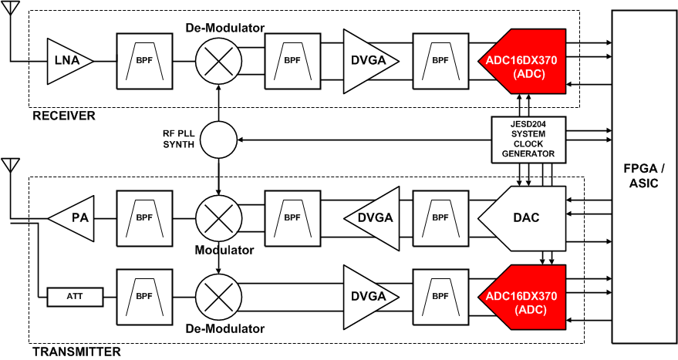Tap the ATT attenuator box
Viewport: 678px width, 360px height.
point(75,295)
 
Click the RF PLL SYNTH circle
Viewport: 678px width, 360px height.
point(219,140)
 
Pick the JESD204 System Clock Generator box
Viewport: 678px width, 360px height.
point(529,140)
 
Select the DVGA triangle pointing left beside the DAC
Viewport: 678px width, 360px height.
point(373,217)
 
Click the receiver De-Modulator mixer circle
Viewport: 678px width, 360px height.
point(219,59)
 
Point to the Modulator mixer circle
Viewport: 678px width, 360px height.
point(219,217)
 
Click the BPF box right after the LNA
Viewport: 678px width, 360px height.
point(143,59)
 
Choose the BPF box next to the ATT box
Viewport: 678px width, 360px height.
point(143,295)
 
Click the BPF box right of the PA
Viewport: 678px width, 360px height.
point(143,217)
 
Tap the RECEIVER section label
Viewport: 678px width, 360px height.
point(63,116)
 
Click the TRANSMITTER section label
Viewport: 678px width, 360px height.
point(76,352)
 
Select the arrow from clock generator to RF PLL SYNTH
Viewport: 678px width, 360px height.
point(363,140)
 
